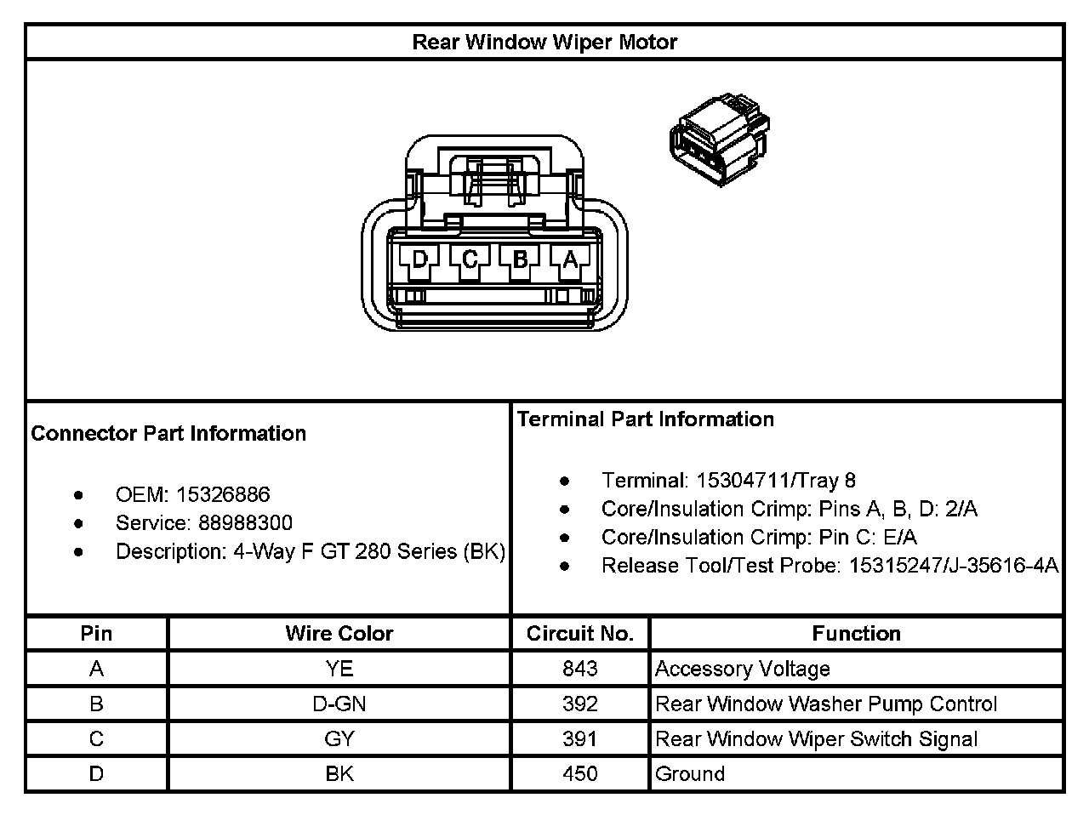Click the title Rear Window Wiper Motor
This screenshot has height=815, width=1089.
[x=544, y=43]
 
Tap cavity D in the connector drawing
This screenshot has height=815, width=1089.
[x=419, y=259]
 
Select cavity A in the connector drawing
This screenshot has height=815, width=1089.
[x=570, y=259]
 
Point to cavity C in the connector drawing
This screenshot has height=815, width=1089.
[x=470, y=259]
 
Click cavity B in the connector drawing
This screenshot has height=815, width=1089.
[x=520, y=259]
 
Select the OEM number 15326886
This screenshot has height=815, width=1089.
[x=223, y=494]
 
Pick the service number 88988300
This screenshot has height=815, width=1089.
[x=245, y=522]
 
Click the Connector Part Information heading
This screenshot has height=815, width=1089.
[x=168, y=433]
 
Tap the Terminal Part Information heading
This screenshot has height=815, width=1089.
[x=646, y=419]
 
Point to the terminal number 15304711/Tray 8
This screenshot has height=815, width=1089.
[x=775, y=481]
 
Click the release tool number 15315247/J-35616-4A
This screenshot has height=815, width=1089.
[x=953, y=565]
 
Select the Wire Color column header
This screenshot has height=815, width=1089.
[x=339, y=634]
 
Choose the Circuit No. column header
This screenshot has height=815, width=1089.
[x=579, y=634]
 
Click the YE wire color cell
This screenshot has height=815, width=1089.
[x=339, y=669]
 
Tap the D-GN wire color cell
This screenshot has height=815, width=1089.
[x=339, y=704]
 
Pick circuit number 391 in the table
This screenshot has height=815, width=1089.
[x=579, y=738]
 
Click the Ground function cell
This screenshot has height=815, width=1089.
[x=690, y=774]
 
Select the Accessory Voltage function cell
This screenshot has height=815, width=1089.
[x=742, y=669]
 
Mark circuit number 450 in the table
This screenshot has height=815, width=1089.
[x=579, y=774]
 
